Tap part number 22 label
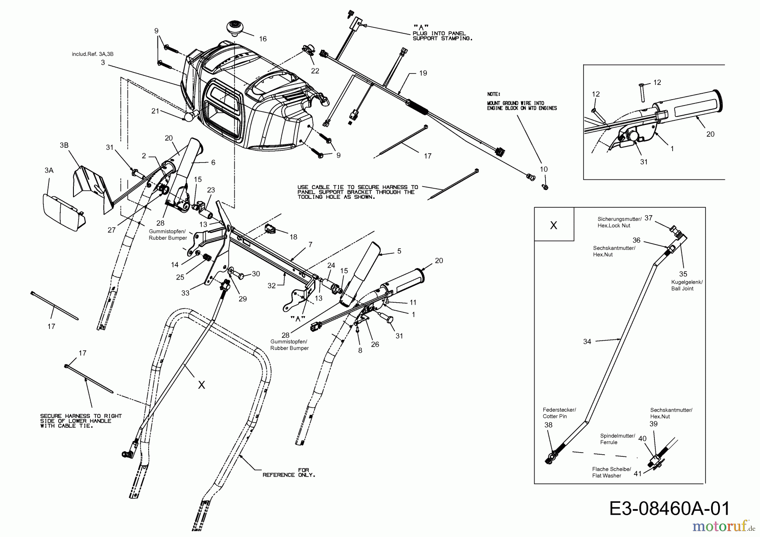[x=315, y=71]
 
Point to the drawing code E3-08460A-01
[x=669, y=508]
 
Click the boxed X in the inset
[x=554, y=225]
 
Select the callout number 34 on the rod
[x=587, y=342]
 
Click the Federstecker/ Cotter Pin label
[x=559, y=413]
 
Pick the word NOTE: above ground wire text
[x=494, y=94]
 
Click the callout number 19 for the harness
[x=423, y=73]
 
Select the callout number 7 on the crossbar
[x=310, y=244]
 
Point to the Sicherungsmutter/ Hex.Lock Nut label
[x=619, y=222]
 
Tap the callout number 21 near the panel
[x=155, y=111]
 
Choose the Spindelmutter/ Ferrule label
[x=617, y=439]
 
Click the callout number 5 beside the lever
[x=399, y=251]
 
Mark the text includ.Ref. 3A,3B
[x=92, y=54]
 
